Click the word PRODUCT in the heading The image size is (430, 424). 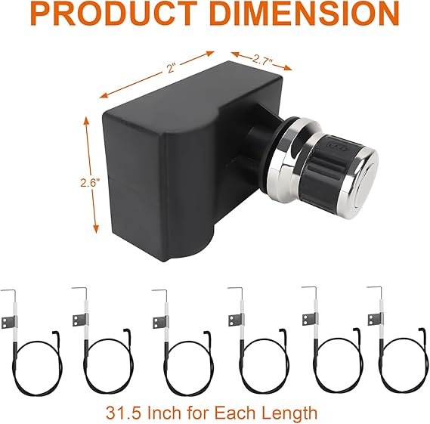(x=115, y=13)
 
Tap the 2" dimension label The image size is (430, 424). (x=171, y=68)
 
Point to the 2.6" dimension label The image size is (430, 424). (x=90, y=182)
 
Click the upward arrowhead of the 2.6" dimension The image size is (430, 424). (x=86, y=122)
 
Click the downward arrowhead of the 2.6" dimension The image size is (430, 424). (x=96, y=228)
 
